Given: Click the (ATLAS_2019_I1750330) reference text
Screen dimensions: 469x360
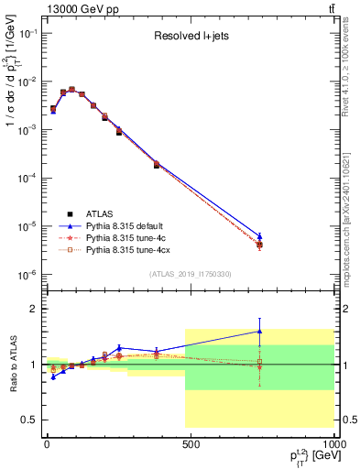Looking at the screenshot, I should tap(190, 274).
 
